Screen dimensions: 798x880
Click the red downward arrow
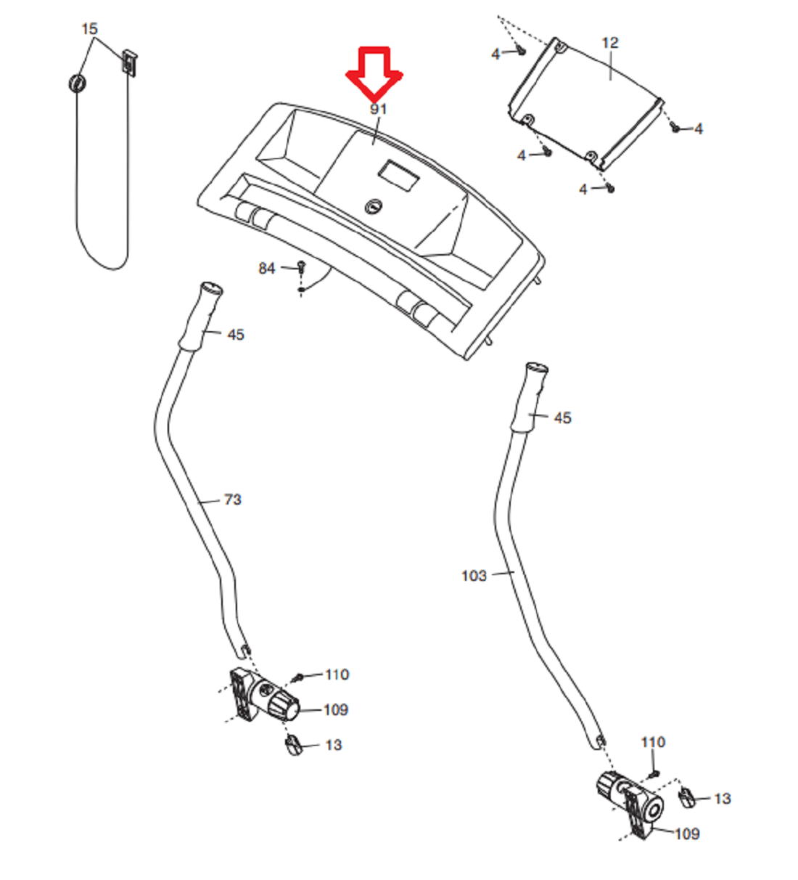click(x=374, y=72)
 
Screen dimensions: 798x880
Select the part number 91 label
click(x=379, y=109)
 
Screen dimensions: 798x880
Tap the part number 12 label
click(x=610, y=43)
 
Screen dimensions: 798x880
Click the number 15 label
click(x=89, y=29)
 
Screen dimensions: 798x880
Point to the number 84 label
click(x=266, y=268)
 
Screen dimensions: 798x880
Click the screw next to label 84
click(x=301, y=266)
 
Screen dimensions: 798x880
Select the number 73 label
click(x=232, y=500)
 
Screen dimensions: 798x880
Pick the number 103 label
click(x=474, y=576)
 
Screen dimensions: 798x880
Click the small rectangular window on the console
click(x=398, y=176)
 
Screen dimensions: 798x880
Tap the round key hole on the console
click(x=373, y=206)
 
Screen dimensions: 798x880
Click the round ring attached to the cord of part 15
click(x=78, y=83)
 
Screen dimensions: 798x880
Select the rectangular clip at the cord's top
click(x=129, y=61)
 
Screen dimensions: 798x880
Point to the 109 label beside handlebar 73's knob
click(x=336, y=709)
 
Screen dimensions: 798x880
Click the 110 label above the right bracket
click(x=654, y=742)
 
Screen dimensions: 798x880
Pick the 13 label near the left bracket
click(x=334, y=744)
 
